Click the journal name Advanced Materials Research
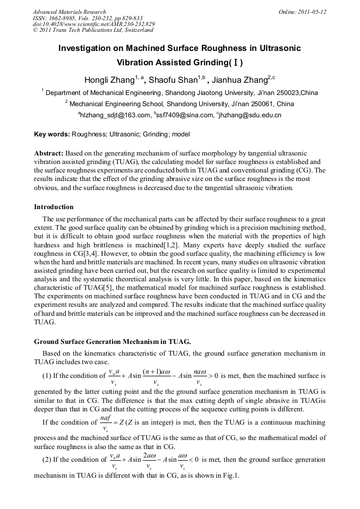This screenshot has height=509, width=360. [69, 12]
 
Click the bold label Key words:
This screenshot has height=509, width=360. [52, 135]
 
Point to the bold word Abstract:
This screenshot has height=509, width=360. [49, 153]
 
